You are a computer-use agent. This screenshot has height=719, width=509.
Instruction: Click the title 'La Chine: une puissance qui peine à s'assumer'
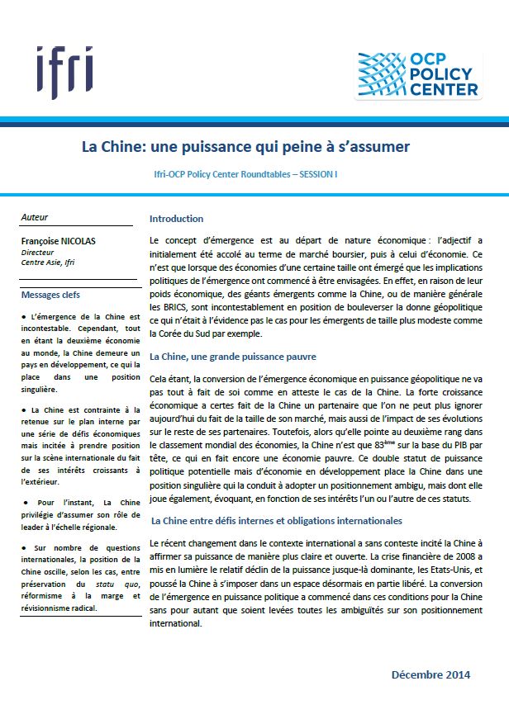(x=245, y=147)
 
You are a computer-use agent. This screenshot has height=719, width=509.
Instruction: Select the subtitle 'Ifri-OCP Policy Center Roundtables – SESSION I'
(x=245, y=176)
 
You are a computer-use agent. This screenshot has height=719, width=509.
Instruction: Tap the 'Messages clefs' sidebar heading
(x=50, y=295)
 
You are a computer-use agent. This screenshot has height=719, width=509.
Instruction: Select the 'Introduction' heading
(x=176, y=219)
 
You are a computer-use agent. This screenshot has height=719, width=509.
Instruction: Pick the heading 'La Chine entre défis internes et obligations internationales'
(x=276, y=522)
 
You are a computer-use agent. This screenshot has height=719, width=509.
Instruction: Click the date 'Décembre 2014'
(x=430, y=674)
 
